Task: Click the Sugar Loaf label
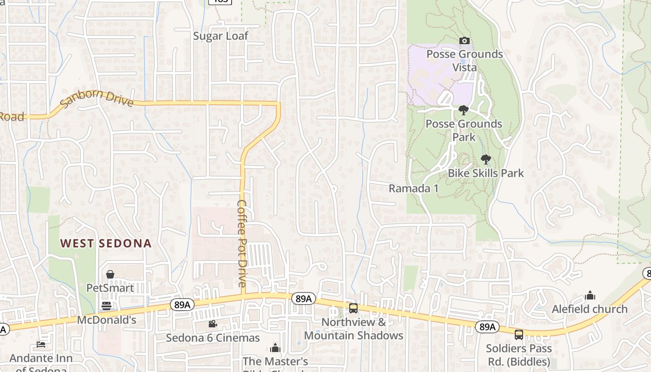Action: click(x=220, y=36)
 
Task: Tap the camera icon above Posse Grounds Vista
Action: click(x=464, y=41)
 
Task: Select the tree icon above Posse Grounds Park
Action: click(x=463, y=110)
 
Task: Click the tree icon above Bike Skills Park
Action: click(x=485, y=160)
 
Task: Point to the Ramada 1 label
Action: click(x=413, y=188)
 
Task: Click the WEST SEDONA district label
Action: click(x=106, y=243)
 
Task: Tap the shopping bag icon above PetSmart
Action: click(x=110, y=274)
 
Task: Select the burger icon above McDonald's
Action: click(x=106, y=306)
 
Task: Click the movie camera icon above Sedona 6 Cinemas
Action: click(x=213, y=324)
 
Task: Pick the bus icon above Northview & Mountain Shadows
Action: click(x=353, y=308)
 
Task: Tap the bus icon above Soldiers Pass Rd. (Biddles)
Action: click(x=518, y=334)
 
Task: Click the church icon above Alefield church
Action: click(x=590, y=295)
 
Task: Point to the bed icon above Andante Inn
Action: click(x=41, y=345)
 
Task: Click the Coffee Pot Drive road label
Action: click(x=242, y=243)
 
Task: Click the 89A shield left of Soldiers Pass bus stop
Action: click(x=487, y=327)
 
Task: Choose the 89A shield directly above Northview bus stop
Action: click(x=303, y=299)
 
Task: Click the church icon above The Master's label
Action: click(x=275, y=348)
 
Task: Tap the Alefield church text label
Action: click(x=589, y=309)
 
